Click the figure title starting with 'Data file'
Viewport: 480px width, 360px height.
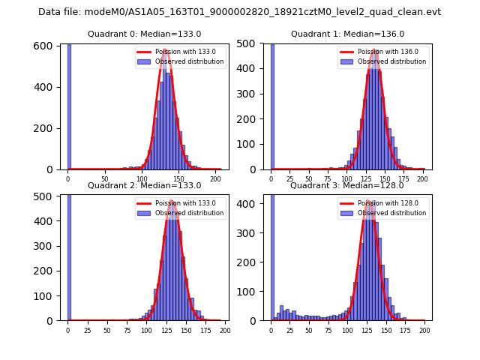tap(239, 12)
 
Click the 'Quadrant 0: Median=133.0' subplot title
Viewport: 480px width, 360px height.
tap(144, 34)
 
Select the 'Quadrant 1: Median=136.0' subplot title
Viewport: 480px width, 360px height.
tap(347, 34)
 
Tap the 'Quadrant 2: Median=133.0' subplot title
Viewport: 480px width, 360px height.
tap(144, 185)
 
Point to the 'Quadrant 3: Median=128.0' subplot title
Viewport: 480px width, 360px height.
tap(347, 185)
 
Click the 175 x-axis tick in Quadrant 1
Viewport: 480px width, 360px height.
tap(403, 178)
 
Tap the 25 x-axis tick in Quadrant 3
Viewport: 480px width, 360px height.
tap(290, 330)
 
